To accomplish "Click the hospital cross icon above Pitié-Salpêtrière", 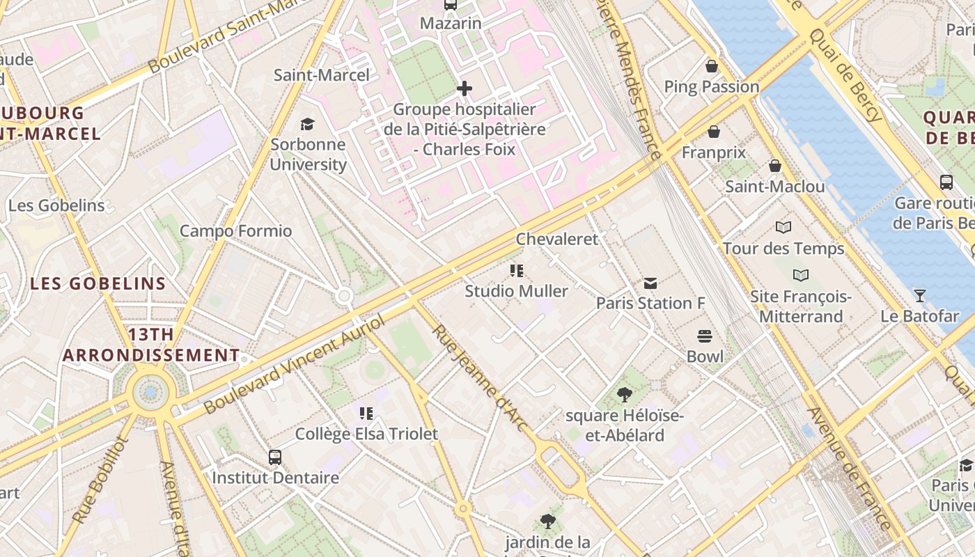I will [465, 88].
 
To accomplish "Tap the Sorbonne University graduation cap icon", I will [307, 124].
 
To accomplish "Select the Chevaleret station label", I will [556, 239].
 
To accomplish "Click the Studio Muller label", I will [516, 291].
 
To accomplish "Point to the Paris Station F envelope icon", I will [650, 283].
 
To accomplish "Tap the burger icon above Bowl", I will [705, 336].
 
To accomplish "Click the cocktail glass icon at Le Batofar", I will [919, 295].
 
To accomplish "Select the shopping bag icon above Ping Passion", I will [712, 66].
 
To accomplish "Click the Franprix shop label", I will [713, 152].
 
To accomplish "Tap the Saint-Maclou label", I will [774, 187].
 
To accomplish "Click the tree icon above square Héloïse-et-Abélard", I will [625, 395].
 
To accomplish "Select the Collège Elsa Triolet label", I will [366, 434].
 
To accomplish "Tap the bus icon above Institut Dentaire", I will [275, 457].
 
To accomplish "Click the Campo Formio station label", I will [235, 231].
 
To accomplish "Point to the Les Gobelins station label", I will [56, 205].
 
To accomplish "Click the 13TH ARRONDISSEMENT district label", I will [151, 345].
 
